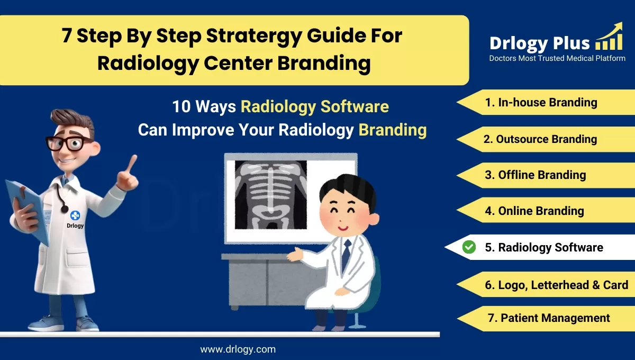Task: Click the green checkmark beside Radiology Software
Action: pyautogui.click(x=469, y=247)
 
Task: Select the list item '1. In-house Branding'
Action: pyautogui.click(x=541, y=103)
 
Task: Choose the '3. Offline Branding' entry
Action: pyautogui.click(x=536, y=175)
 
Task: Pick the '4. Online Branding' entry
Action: pyautogui.click(x=534, y=211)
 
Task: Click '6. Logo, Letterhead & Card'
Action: pyautogui.click(x=556, y=285)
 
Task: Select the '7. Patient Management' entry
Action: pyautogui.click(x=548, y=318)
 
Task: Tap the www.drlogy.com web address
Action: pyautogui.click(x=238, y=349)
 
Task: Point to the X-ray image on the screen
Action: pyautogui.click(x=270, y=195)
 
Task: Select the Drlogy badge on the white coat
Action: pyautogui.click(x=75, y=218)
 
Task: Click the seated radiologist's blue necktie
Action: pyautogui.click(x=346, y=254)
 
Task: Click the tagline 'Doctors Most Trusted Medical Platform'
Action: pyautogui.click(x=557, y=58)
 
